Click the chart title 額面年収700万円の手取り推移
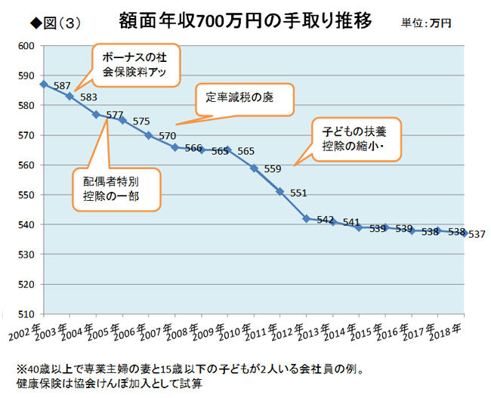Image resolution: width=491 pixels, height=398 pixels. [245, 20]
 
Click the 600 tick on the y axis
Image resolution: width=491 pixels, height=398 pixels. [27, 46]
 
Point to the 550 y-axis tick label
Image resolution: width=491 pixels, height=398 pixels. [27, 195]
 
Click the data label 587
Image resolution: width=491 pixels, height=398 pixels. [62, 86]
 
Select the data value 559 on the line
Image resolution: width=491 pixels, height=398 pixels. [273, 168]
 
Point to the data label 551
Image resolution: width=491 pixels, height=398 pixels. [298, 193]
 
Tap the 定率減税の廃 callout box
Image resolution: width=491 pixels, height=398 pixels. [243, 98]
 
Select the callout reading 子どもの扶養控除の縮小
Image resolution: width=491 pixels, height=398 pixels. [354, 138]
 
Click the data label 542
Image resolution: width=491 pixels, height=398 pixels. [326, 220]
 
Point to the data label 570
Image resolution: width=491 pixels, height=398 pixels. [168, 137]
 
